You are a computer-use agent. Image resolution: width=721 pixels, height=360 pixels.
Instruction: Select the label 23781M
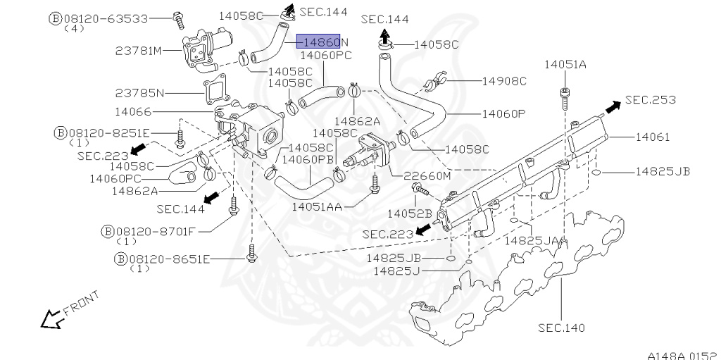click(139, 51)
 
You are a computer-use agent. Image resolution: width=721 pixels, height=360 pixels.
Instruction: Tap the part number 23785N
click(139, 92)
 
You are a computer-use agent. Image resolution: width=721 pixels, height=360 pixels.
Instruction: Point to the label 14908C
click(503, 81)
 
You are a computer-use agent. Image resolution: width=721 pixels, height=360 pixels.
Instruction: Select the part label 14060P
click(503, 113)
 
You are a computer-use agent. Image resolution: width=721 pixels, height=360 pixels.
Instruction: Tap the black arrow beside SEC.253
click(612, 106)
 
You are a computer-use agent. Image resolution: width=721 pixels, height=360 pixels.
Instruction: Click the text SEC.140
click(561, 328)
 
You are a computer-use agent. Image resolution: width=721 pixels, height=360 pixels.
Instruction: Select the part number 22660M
click(426, 175)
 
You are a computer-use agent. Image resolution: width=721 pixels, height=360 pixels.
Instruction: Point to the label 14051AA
click(317, 206)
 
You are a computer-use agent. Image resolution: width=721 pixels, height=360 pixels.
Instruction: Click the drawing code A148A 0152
click(681, 354)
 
